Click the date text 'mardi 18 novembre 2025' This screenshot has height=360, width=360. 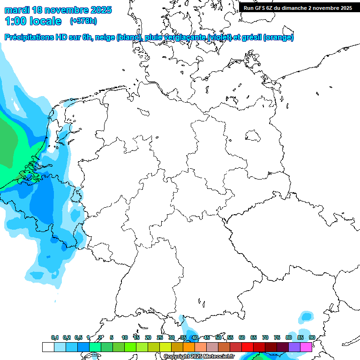tap(58, 10)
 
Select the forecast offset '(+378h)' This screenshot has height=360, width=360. tap(83, 21)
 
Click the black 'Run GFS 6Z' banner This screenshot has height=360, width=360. tap(298, 8)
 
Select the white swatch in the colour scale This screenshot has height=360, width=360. tap(48, 347)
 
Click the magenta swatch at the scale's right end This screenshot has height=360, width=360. tap(306, 347)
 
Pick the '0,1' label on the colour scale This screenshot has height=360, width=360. tap(55, 338)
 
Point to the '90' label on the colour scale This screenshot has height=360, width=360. tap(312, 338)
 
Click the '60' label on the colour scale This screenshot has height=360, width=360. tap(242, 338)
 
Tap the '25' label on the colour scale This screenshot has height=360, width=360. tap(160, 338)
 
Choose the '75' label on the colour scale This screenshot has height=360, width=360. tap(277, 338)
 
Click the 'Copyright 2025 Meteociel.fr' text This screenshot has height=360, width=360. tap(199, 357)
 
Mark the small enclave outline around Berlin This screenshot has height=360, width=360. tap(253, 136)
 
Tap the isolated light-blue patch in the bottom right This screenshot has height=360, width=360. tap(307, 317)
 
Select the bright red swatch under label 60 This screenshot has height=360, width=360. tap(247, 347)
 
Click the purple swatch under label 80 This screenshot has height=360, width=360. tap(294, 347)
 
